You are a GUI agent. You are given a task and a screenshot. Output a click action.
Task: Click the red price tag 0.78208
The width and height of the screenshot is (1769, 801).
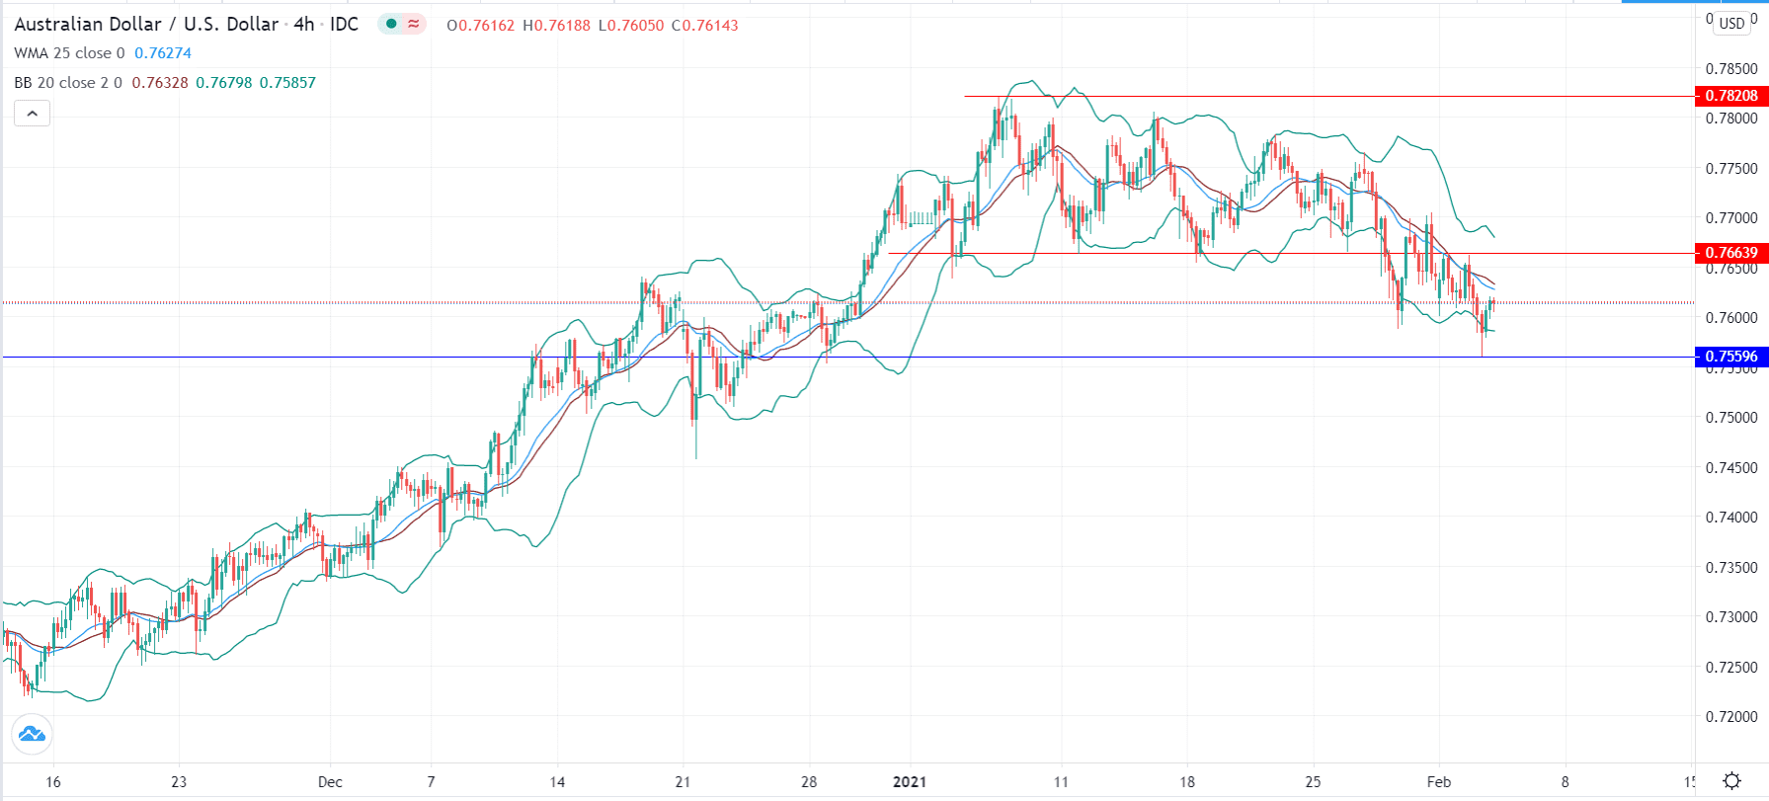1730,96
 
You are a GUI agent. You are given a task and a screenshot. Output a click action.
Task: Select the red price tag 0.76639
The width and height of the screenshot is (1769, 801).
1730,253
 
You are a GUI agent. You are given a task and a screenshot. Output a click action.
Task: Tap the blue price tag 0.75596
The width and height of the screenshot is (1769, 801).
1730,357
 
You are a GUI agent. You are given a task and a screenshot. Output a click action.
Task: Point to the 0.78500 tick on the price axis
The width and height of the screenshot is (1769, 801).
1731,69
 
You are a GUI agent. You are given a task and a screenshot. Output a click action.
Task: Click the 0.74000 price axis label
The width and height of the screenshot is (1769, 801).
1731,517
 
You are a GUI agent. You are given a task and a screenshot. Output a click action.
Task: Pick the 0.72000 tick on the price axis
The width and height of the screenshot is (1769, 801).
1731,716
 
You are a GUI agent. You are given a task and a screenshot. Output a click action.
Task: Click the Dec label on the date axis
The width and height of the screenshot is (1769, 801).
330,781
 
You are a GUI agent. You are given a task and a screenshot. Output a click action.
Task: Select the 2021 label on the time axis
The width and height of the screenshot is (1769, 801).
910,781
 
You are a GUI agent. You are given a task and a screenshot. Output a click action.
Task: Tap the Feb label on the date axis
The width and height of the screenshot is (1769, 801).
1439,781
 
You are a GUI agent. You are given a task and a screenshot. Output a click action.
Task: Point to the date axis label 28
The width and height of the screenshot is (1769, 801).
809,781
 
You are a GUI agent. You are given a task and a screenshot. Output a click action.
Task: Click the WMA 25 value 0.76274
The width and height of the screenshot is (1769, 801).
163,53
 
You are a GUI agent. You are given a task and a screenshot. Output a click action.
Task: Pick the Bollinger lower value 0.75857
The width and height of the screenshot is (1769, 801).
287,83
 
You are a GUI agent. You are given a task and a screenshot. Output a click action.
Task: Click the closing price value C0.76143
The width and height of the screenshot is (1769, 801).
704,26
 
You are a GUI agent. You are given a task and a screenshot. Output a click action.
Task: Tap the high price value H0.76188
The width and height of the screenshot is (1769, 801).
556,26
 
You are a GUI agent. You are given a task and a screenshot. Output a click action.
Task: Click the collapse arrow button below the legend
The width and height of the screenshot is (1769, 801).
32,114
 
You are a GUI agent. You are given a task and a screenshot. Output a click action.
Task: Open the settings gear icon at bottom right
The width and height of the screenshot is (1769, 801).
1731,781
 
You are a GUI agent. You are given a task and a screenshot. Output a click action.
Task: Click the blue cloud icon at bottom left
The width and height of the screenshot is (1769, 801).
32,734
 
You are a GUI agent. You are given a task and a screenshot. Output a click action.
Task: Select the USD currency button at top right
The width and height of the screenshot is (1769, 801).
1731,24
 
